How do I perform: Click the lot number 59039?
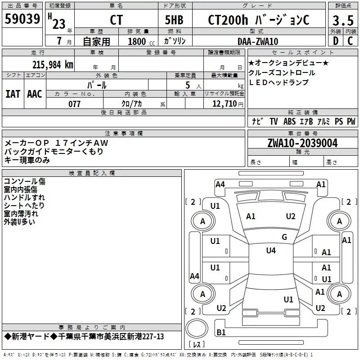click(x=22, y=19)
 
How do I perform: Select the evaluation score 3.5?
click(x=343, y=20)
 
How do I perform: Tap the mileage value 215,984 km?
click(x=53, y=65)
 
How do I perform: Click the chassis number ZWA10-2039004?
click(x=302, y=143)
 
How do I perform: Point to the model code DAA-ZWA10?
click(x=258, y=41)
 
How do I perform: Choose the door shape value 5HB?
click(x=174, y=20)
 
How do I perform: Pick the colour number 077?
click(x=74, y=104)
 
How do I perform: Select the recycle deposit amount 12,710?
click(x=225, y=104)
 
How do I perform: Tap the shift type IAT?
click(x=13, y=94)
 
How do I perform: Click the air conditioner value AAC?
click(x=35, y=94)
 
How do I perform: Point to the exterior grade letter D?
click(x=335, y=41)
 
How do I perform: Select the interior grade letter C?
click(x=350, y=41)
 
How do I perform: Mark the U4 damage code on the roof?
click(x=271, y=250)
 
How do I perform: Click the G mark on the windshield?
click(x=284, y=237)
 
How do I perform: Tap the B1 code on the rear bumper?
click(x=221, y=332)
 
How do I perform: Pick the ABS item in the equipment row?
click(x=289, y=121)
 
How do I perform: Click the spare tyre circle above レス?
click(x=197, y=328)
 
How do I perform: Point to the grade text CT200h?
click(x=228, y=20)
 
